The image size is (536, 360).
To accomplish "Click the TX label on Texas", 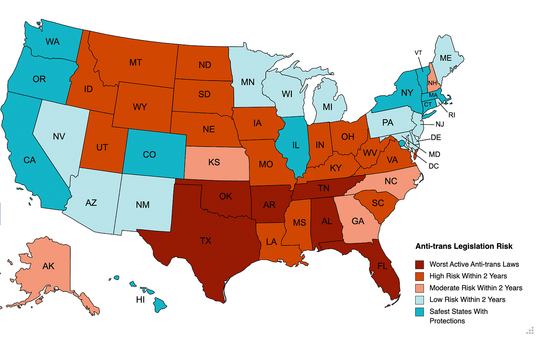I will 205,241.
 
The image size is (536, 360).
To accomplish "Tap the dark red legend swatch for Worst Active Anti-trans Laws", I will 419,264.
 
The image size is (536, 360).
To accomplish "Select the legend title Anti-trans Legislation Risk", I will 463,246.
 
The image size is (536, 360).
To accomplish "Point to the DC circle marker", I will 402,143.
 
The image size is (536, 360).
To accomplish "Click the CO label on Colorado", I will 149,155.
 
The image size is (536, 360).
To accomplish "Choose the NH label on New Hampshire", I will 432,83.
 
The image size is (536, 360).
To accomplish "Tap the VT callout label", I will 418,53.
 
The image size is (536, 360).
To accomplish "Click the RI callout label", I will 452,115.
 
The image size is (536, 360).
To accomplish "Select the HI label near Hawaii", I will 140,300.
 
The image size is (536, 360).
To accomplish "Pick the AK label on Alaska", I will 48,266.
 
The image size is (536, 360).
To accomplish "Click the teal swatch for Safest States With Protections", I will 419,312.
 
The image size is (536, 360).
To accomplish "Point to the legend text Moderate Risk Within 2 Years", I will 476,288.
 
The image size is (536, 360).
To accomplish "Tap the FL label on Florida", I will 382,266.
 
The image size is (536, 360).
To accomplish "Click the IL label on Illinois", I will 296,145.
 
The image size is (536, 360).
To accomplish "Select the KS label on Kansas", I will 214,162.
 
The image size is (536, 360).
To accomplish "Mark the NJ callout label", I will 440,124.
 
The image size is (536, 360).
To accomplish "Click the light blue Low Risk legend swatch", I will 419,300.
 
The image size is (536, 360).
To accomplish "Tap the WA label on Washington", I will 53,42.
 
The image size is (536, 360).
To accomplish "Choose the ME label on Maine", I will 445,58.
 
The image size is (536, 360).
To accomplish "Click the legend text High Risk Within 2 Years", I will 468,276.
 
